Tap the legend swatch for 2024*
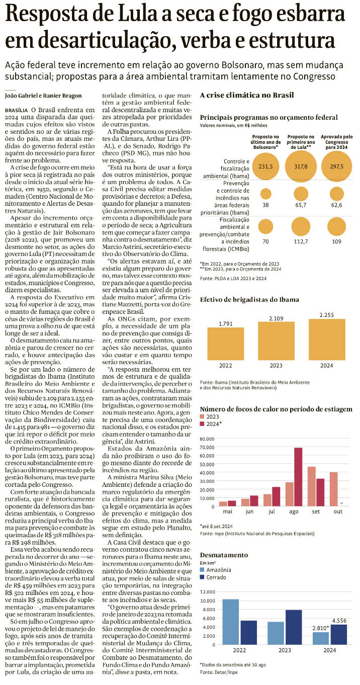click(203, 424)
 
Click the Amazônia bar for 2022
click(230, 622)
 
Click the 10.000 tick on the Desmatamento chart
click(208, 601)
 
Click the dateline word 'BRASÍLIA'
click(16, 109)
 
